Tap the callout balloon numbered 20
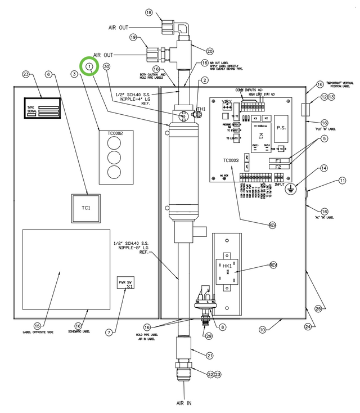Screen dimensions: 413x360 195,51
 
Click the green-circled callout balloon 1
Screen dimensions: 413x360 89,66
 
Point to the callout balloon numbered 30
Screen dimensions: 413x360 106,66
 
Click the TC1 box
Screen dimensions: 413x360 86,208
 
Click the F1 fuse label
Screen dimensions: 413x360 278,160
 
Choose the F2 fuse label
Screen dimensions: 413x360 278,167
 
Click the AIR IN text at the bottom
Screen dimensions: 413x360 184,403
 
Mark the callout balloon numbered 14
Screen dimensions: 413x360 323,168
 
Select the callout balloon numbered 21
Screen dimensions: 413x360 210,355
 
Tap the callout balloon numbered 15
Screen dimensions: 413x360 37,325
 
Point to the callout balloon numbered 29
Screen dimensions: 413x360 210,336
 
